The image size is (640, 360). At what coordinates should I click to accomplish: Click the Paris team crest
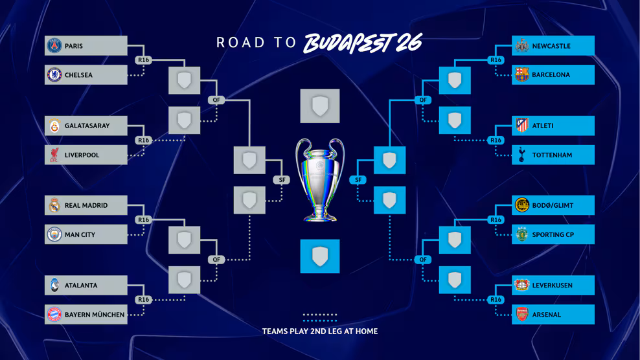(x=54, y=45)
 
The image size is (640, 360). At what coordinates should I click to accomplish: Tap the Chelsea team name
(x=78, y=75)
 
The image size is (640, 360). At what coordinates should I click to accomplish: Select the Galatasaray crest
(x=54, y=126)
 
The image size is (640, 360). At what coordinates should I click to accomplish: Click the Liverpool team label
(x=82, y=155)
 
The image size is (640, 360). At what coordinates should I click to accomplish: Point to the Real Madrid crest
(x=54, y=205)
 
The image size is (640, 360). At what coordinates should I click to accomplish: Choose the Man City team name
(x=80, y=234)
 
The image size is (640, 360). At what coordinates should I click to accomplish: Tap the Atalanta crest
(x=54, y=286)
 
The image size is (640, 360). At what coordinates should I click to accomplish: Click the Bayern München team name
(x=95, y=315)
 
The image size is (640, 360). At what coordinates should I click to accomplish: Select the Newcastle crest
(x=521, y=45)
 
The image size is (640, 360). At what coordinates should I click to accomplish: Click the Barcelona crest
(x=521, y=74)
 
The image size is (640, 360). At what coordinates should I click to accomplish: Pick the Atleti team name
(x=542, y=126)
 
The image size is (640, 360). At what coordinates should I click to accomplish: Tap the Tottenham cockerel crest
(x=521, y=155)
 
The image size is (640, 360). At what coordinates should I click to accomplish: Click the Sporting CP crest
(x=521, y=234)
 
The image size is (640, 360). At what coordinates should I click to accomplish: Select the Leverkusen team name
(x=552, y=286)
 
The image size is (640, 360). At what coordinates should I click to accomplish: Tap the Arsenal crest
(x=521, y=314)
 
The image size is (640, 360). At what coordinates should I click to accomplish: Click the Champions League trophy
(x=320, y=179)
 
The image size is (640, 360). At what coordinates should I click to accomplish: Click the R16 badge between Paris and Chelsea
(x=143, y=60)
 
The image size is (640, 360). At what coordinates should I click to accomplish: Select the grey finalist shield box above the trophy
(x=320, y=106)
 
